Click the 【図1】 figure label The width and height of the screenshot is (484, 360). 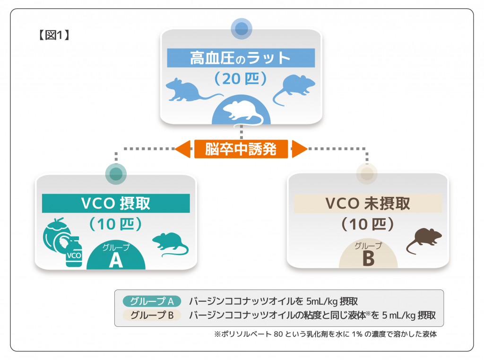coord(53,35)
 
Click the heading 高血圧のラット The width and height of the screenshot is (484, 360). coord(241,58)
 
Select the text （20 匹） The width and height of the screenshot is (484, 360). coord(241,78)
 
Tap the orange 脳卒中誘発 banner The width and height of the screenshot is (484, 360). coord(241,149)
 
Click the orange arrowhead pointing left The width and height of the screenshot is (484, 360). coord(183,149)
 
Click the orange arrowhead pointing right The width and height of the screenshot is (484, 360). coord(299,149)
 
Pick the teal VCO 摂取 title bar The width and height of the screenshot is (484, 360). coord(116,203)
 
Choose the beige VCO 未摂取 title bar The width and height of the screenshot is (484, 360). coord(368,203)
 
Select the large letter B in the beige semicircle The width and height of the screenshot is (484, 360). coord(368,259)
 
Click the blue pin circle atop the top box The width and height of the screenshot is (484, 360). coord(242,28)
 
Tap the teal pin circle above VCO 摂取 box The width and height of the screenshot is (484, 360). coord(116,174)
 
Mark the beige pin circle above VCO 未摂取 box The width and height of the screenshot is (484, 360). coord(367,174)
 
